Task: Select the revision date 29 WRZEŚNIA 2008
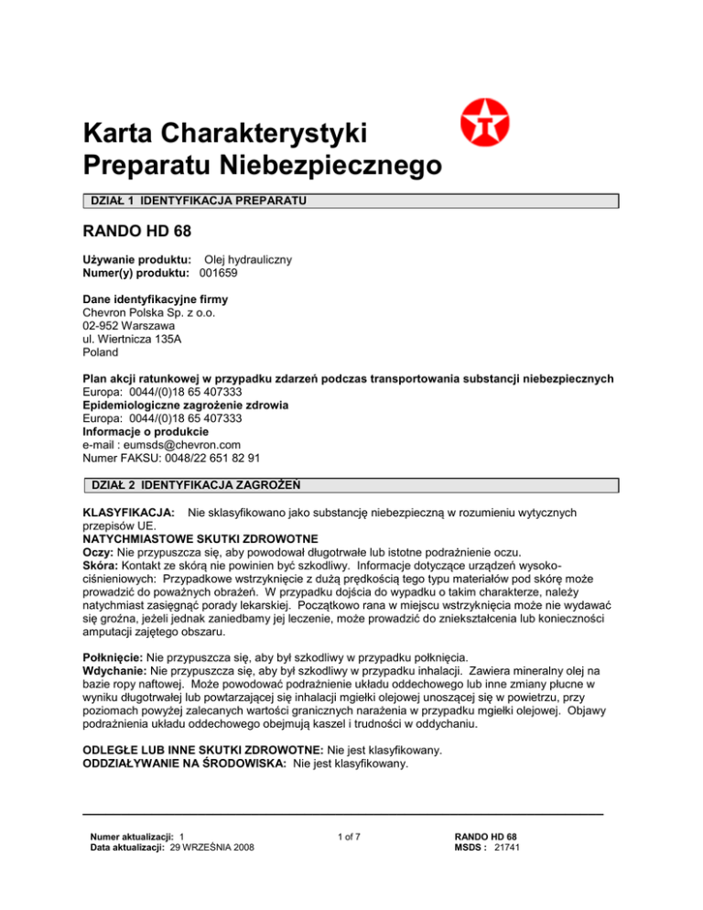[x=212, y=849]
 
